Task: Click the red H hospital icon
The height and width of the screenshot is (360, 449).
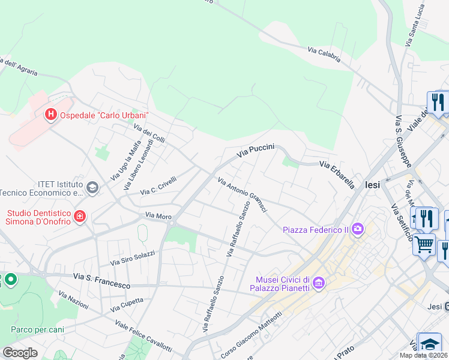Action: (51, 113)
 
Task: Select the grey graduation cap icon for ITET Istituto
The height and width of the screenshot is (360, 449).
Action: (92, 188)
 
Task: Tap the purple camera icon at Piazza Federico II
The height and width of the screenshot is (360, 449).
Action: (358, 229)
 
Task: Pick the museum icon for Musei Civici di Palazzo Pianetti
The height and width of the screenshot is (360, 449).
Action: (318, 282)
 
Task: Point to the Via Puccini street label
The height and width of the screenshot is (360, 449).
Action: (255, 150)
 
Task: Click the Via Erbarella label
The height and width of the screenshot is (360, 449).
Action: (337, 175)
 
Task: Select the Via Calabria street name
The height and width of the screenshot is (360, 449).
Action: (324, 55)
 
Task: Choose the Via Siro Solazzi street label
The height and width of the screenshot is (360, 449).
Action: (133, 259)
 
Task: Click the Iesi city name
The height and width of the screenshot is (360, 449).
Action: (372, 185)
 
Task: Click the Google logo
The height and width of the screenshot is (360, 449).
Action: (20, 352)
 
